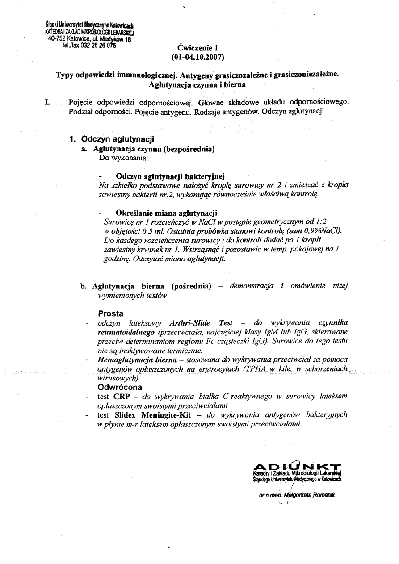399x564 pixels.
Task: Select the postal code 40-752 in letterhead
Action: (56, 38)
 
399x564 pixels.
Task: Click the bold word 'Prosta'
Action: (110, 313)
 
